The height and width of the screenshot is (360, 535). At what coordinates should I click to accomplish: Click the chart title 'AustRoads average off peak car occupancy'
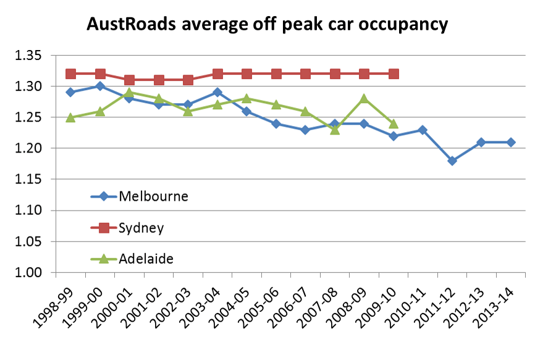(267, 25)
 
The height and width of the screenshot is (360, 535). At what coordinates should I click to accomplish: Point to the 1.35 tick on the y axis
(27, 56)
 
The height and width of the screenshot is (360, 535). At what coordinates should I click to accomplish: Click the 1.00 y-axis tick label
(27, 273)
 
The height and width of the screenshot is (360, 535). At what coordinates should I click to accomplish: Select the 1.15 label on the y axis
(27, 180)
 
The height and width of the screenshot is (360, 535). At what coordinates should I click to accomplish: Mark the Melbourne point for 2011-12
(452, 161)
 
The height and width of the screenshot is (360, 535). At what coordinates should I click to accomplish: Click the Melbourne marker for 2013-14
(511, 142)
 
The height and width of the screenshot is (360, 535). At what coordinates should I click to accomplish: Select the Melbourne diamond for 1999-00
(100, 86)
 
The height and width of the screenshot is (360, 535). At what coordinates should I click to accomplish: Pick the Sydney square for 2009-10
(394, 74)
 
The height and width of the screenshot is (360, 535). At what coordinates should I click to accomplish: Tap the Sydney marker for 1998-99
(70, 74)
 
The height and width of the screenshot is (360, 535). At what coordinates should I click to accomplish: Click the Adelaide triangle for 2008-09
(364, 98)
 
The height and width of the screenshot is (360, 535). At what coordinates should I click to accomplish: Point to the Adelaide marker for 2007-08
(335, 129)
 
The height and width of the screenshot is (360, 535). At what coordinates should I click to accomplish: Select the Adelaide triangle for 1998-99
(70, 117)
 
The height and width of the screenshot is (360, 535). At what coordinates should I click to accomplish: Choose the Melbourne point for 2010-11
(423, 130)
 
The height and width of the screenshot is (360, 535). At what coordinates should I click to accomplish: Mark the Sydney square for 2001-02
(159, 80)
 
